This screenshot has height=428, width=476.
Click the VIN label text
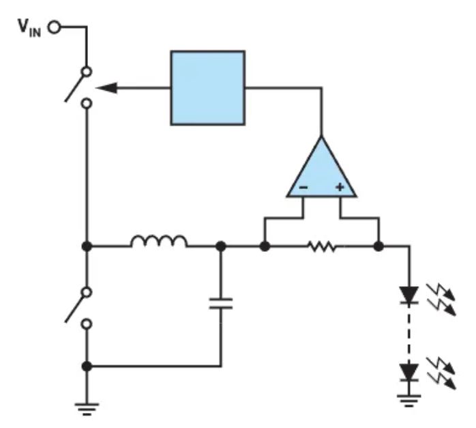pos(29,28)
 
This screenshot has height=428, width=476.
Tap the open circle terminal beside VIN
pos(55,27)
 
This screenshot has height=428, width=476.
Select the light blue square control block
pos(207,88)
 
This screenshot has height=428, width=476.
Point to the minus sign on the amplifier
pos(303,188)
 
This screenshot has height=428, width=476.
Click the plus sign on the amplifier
pos(340,187)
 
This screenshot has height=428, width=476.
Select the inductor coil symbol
pos(159,241)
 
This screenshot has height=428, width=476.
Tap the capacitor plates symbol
pos(221,304)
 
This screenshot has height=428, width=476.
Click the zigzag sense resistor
pos(323,246)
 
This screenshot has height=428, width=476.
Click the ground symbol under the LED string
pos(409,401)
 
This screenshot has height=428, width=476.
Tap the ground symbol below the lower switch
pos(87,409)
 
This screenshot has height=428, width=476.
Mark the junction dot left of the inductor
pos(87,246)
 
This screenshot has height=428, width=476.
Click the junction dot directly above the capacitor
pos(221,246)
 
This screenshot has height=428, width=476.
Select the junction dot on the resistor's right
pos(378,246)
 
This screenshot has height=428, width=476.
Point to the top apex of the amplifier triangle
pos(321,137)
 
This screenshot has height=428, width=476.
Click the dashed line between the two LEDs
pos(409,334)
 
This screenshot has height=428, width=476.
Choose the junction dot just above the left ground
pos(87,366)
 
